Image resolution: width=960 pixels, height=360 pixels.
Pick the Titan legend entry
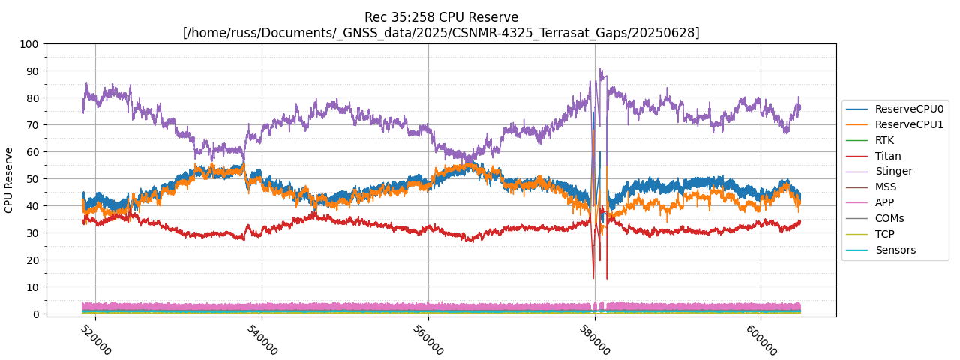(888, 156)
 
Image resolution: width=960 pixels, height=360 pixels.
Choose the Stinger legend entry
(893, 171)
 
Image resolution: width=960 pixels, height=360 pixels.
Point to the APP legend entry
(884, 202)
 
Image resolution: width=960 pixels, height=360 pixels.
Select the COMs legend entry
(889, 218)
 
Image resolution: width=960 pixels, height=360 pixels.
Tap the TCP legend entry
(884, 234)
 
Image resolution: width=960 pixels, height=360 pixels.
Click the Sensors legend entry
(895, 250)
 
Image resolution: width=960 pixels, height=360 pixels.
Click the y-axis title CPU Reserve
(9, 180)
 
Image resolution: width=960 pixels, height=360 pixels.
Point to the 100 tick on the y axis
(29, 44)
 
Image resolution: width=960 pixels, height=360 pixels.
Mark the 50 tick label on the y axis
(32, 179)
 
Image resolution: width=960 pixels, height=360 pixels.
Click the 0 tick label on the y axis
(35, 314)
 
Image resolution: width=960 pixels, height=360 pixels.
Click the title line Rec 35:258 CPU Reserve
(441, 17)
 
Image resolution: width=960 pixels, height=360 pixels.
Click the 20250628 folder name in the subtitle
(670, 33)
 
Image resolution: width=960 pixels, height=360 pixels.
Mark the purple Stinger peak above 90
(600, 69)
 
